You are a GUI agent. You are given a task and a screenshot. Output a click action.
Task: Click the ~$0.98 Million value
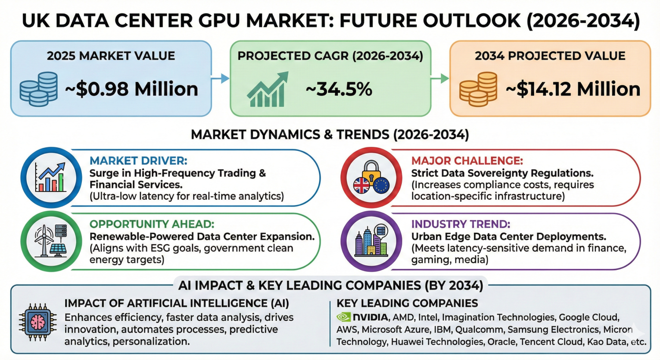pos(132,89)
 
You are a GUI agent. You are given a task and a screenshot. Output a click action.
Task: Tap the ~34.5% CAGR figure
pos(339,89)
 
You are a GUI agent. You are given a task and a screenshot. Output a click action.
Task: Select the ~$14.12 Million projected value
pos(573,89)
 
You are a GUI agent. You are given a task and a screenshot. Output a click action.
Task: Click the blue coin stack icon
pos(39,89)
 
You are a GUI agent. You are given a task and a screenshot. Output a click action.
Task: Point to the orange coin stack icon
pos(478,89)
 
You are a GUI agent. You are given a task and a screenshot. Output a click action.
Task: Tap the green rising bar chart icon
pos(267,89)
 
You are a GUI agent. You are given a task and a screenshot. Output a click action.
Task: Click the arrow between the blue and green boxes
pos(220,79)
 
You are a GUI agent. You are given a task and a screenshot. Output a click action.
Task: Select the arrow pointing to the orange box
pos(440,79)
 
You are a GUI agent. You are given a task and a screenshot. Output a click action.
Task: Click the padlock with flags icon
pos(371,177)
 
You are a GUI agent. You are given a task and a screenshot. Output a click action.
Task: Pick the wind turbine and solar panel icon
pos(51,241)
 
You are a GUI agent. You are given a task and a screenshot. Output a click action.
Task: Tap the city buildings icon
pos(371,241)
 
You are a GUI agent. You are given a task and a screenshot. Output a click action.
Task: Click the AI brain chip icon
pos(38,323)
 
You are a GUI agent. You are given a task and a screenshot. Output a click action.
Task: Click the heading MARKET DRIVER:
pos(138,161)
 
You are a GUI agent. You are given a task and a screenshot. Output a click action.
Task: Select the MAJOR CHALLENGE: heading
pos(467,161)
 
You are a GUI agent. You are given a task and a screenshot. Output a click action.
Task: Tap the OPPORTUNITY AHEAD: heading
pos(152,224)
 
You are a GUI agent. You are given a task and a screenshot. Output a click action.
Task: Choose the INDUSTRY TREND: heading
pos(461,224)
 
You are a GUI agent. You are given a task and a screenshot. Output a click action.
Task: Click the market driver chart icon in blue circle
pos(51,177)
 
